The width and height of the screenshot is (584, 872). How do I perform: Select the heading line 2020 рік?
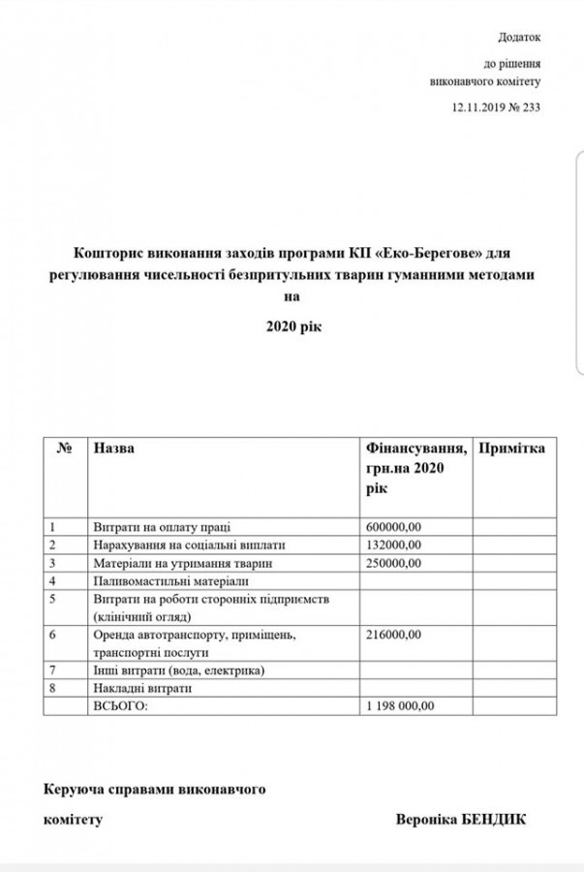click(x=292, y=327)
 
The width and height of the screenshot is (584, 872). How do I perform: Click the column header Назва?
click(x=114, y=449)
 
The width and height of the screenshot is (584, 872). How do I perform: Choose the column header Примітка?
click(x=512, y=449)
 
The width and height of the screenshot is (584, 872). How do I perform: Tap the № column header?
click(x=66, y=449)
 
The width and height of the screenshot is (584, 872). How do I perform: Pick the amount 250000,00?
click(x=393, y=562)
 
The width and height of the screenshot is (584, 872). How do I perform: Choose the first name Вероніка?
click(x=418, y=819)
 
